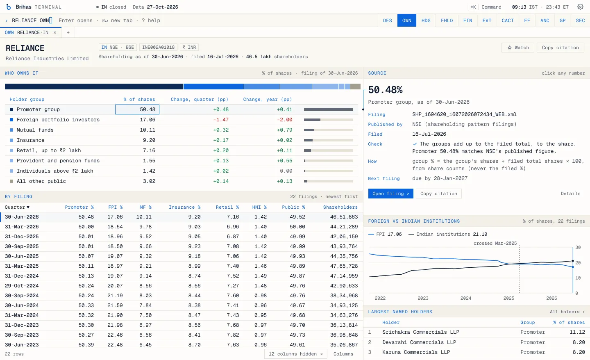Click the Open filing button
click(x=390, y=194)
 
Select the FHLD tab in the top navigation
click(x=447, y=21)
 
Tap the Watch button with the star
click(x=518, y=48)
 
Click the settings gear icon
click(x=580, y=7)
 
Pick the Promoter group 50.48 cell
click(x=137, y=109)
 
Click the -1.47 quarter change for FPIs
click(x=221, y=120)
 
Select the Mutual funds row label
click(x=35, y=130)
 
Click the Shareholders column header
click(x=340, y=207)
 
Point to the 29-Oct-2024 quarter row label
click(x=22, y=286)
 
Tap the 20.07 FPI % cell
click(x=115, y=286)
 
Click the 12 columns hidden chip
click(x=295, y=354)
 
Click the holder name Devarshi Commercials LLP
click(x=419, y=342)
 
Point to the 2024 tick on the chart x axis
click(x=466, y=298)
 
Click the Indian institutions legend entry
click(x=447, y=234)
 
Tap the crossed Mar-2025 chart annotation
click(x=495, y=243)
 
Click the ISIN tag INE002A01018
click(x=158, y=47)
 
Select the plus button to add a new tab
click(x=68, y=32)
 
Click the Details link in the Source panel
click(x=570, y=194)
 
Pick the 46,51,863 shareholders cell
click(x=344, y=217)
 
